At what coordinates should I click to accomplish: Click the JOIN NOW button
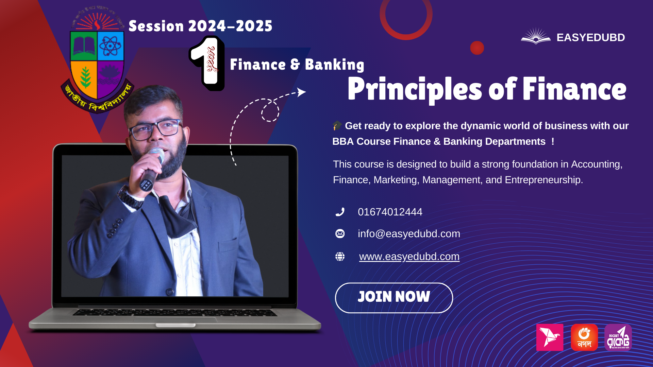[x=394, y=298]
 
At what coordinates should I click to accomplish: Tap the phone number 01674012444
[x=390, y=212]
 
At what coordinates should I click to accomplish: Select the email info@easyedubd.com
[x=409, y=234]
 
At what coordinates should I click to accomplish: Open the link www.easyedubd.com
[x=409, y=257]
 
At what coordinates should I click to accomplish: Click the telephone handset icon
[x=340, y=212]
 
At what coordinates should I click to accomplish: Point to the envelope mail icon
[x=340, y=234]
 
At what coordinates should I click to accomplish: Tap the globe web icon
[x=340, y=257]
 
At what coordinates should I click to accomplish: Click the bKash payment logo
[x=550, y=337]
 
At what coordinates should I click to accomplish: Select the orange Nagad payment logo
[x=584, y=337]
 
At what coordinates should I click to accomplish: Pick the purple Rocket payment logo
[x=618, y=337]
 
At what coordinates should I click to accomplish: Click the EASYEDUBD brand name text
[x=590, y=37]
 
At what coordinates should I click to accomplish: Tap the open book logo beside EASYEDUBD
[x=536, y=36]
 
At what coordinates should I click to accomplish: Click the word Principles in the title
[x=415, y=89]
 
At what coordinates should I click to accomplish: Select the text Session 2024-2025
[x=200, y=26]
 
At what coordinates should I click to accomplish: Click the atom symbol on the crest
[x=110, y=46]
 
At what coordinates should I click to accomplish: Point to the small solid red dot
[x=477, y=48]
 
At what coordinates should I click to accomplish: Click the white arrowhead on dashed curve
[x=301, y=92]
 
